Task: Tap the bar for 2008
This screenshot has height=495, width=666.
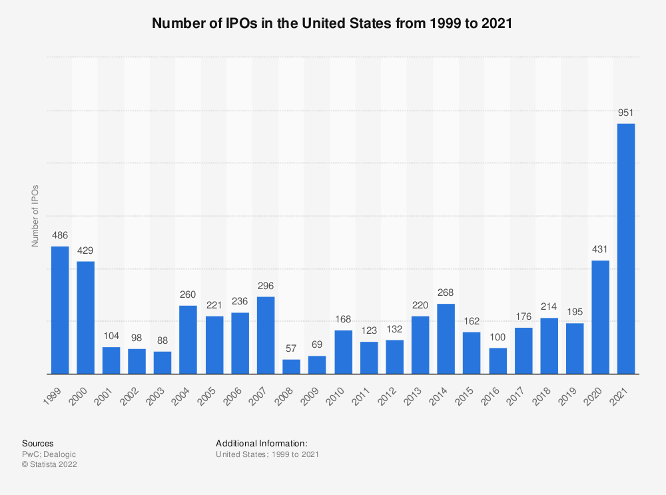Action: (x=291, y=366)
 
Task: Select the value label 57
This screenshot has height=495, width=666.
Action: (x=291, y=349)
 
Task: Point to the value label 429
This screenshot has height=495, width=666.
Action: (x=85, y=251)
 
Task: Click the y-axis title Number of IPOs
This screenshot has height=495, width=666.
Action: (x=35, y=215)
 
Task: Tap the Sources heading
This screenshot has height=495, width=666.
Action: (x=38, y=443)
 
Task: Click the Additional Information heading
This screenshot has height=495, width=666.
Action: (x=261, y=443)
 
